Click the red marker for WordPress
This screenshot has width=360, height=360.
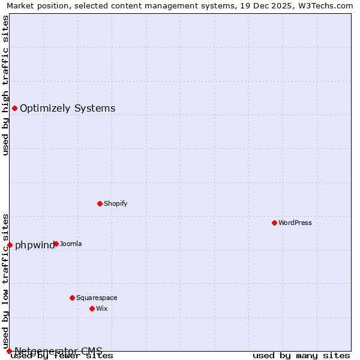point(274,223)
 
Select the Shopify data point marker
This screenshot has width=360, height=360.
point(100,203)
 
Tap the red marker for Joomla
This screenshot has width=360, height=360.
point(56,244)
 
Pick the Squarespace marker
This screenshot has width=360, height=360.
point(72,298)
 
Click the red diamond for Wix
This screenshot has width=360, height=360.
point(92,308)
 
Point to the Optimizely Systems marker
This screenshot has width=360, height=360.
point(14,108)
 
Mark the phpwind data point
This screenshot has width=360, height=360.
point(10,245)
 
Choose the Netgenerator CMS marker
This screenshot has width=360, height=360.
point(9,350)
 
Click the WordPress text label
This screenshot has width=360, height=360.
point(295,223)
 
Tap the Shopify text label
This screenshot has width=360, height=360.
point(115,203)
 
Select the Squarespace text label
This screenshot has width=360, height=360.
point(97,298)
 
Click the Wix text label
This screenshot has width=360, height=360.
point(101,308)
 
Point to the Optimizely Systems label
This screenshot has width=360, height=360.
point(67,108)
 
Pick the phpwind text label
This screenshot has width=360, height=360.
point(35,245)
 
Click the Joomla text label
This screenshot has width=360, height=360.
point(71,244)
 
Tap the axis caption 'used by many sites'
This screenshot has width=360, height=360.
point(301,356)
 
